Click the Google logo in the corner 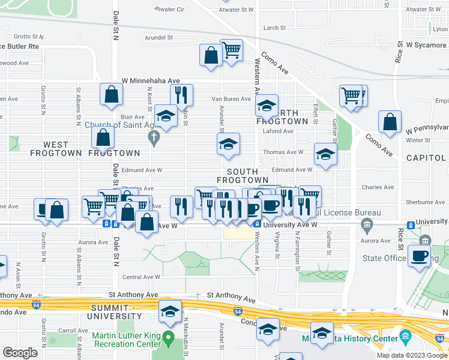(20, 352)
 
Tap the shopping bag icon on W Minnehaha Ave (111, 94)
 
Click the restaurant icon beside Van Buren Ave (181, 95)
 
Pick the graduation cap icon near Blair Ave (166, 115)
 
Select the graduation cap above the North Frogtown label (266, 106)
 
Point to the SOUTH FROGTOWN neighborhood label (242, 176)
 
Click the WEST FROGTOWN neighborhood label (64, 145)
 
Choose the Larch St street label (274, 28)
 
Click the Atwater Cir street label (169, 10)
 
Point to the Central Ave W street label (141, 277)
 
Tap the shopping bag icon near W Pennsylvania (390, 122)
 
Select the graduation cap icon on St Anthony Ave (170, 311)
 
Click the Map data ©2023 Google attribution (412, 355)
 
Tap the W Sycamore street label (426, 44)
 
